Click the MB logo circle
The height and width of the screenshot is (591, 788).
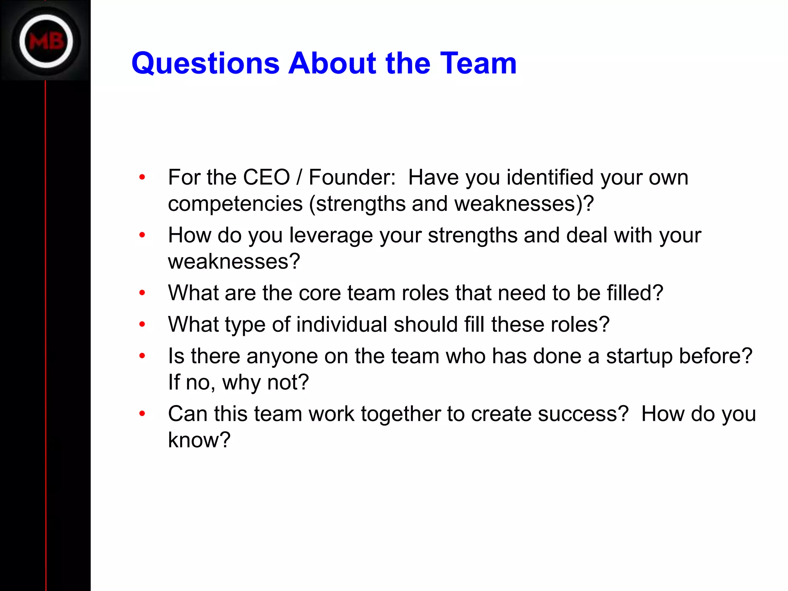pos(46,41)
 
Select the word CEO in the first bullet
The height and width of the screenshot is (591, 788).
pos(266,177)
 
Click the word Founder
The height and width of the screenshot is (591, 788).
pos(352,177)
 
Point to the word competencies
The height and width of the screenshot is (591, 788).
pos(235,204)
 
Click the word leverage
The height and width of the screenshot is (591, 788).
pos(331,235)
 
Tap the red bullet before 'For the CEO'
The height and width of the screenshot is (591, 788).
pos(142,177)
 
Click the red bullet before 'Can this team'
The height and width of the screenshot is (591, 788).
pos(142,414)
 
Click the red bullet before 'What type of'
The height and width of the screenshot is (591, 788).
pos(142,324)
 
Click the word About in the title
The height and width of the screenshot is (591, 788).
pos(332,63)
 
